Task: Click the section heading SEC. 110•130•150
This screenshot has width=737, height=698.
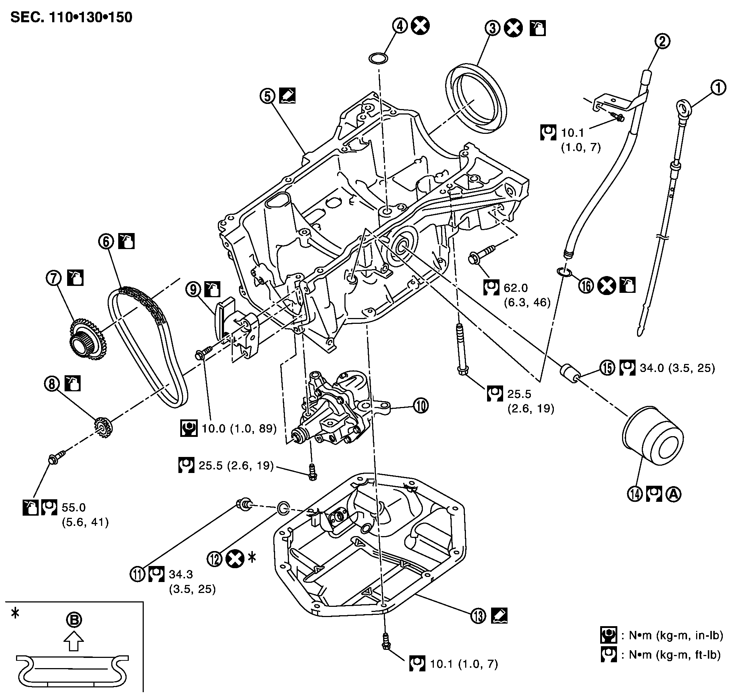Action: coord(72,18)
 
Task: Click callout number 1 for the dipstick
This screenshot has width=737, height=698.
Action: coord(718,88)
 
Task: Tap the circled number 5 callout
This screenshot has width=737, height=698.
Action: coord(268,96)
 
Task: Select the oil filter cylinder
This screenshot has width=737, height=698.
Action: coord(652,436)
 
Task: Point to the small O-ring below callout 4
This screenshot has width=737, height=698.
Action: coord(378,58)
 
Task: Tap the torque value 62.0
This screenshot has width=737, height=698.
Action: coord(516,288)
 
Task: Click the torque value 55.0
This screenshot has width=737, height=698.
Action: coord(74,508)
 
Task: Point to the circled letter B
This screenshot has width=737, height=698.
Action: coord(74,620)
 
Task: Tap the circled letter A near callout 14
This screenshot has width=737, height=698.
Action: coord(674,494)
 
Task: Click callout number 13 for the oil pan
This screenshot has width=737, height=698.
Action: coord(478,616)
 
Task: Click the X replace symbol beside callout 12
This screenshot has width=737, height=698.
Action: coord(235,559)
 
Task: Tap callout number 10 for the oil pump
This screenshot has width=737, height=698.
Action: coord(421,406)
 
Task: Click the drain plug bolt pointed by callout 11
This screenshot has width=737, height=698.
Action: coord(244,505)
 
